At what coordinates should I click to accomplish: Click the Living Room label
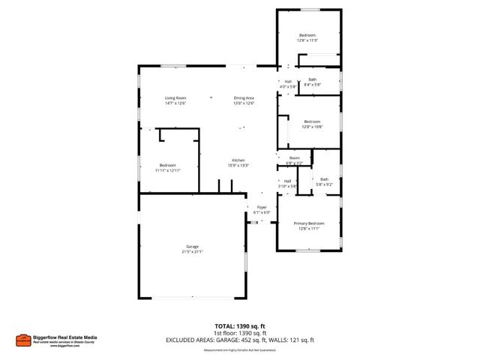pyautogui.click(x=175, y=98)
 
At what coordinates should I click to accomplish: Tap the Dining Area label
pyautogui.click(x=244, y=98)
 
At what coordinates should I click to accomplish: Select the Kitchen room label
pyautogui.click(x=238, y=160)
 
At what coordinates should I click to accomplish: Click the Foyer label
pyautogui.click(x=262, y=207)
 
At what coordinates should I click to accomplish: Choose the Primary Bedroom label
pyautogui.click(x=309, y=223)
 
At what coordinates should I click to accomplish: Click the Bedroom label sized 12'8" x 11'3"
pyautogui.click(x=307, y=35)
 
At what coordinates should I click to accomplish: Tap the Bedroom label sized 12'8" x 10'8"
pyautogui.click(x=312, y=121)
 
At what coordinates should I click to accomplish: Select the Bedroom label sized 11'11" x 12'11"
pyautogui.click(x=167, y=165)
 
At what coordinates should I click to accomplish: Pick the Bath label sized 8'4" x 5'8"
pyautogui.click(x=312, y=79)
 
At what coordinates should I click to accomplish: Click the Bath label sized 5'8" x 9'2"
pyautogui.click(x=324, y=179)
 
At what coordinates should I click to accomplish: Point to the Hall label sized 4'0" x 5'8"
pyautogui.click(x=288, y=82)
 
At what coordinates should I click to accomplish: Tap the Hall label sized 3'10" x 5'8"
pyautogui.click(x=288, y=181)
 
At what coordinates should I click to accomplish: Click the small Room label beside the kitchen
pyautogui.click(x=295, y=158)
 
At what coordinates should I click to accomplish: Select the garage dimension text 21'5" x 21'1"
pyautogui.click(x=192, y=252)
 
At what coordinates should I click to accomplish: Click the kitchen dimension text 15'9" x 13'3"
pyautogui.click(x=238, y=166)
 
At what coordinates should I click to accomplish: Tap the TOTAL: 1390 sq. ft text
pyautogui.click(x=240, y=327)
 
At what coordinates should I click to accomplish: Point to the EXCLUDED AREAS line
pyautogui.click(x=240, y=340)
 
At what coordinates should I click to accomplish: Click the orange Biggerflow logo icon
pyautogui.click(x=23, y=339)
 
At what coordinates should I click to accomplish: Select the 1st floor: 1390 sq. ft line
pyautogui.click(x=240, y=334)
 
